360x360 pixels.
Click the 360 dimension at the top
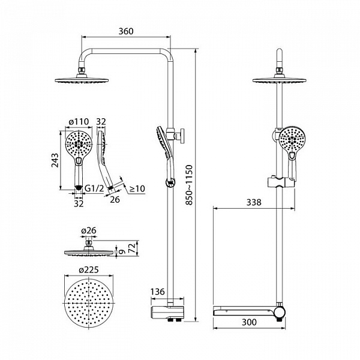click(x=126, y=31)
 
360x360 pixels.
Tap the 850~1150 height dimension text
click(x=189, y=185)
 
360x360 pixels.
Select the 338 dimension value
click(x=254, y=202)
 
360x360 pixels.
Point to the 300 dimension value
click(x=249, y=322)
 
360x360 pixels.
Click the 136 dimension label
click(x=158, y=292)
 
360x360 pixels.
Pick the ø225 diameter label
click(x=89, y=270)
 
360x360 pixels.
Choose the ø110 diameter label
click(x=79, y=121)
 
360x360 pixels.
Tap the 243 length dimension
click(x=55, y=160)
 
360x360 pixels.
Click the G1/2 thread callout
click(x=94, y=188)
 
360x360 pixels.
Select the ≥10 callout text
click(x=137, y=189)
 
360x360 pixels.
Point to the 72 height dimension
click(x=132, y=248)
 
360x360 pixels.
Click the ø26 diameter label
click(x=89, y=230)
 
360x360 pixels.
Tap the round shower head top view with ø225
click(x=89, y=303)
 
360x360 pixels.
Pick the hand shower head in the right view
click(x=292, y=140)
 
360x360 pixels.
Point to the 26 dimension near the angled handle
click(x=115, y=200)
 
